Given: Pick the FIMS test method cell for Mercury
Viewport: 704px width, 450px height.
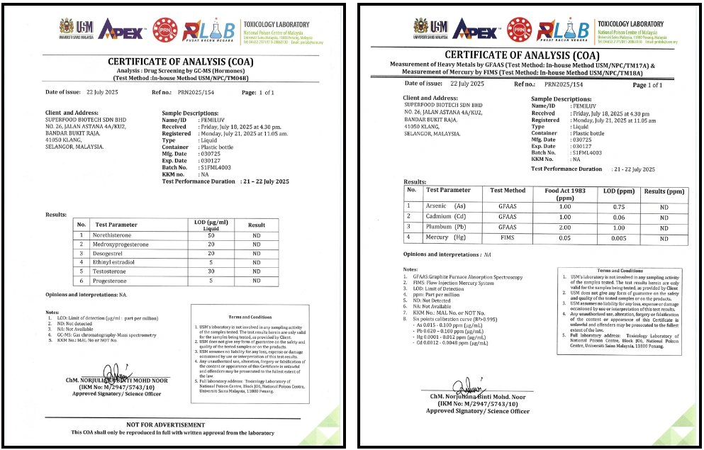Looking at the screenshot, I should [508, 238].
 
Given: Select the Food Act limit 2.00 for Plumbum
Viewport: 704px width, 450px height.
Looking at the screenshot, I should [565, 227].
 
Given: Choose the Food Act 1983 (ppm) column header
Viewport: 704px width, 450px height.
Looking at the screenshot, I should [565, 193].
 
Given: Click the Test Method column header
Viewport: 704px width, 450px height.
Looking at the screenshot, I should [508, 191].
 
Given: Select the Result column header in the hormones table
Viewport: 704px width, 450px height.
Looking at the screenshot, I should [256, 225].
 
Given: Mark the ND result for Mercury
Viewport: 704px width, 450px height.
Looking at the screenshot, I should [664, 238].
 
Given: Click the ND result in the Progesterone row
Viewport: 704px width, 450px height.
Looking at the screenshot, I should [256, 280].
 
